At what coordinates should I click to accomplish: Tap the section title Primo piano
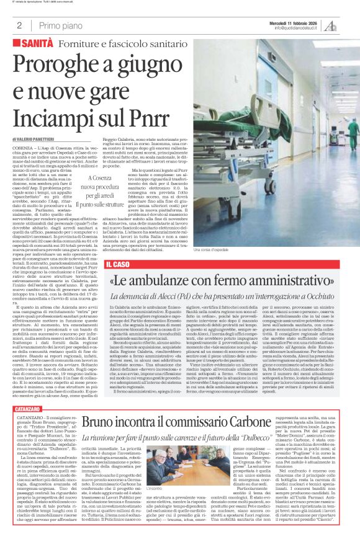[x=59, y=25]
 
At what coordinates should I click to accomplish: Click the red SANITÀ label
[x=37, y=45]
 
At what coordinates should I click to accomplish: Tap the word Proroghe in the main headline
[x=61, y=65]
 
